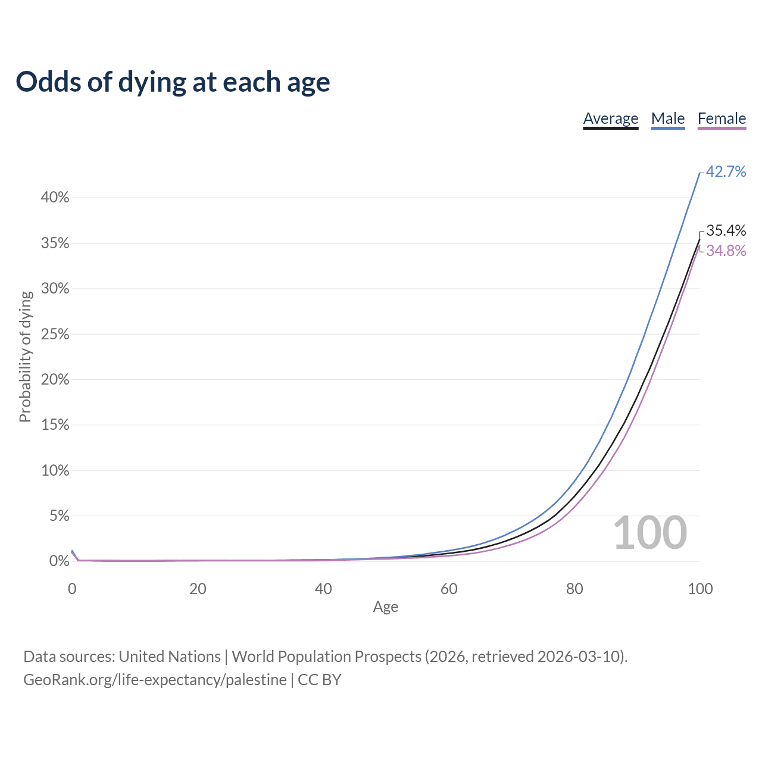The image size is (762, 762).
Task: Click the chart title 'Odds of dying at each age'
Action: point(173,82)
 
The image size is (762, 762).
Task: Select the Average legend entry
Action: point(610,118)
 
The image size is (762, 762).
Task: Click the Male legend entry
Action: point(667,118)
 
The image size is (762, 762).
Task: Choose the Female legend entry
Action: point(722,118)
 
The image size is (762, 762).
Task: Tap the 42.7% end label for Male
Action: point(726,171)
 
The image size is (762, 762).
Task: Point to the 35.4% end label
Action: point(726,230)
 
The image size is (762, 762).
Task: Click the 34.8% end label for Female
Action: point(726,251)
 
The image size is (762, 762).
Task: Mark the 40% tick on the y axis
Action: point(55,198)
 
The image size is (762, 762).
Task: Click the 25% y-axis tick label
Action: point(55,335)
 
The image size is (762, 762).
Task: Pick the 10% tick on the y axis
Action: point(55,471)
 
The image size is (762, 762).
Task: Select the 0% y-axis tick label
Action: point(59,561)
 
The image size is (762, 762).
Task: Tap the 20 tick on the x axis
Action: point(198,589)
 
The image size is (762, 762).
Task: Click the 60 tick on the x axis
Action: point(449,589)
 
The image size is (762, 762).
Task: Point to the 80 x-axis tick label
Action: point(574,589)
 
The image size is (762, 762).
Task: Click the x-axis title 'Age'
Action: point(385,607)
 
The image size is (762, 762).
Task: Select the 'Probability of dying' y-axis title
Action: point(25,357)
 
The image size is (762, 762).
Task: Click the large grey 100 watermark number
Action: point(649,533)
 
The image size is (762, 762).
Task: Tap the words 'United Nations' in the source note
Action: point(170,656)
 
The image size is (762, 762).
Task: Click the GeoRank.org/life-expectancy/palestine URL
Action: point(155,679)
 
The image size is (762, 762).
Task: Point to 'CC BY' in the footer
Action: point(319,679)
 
